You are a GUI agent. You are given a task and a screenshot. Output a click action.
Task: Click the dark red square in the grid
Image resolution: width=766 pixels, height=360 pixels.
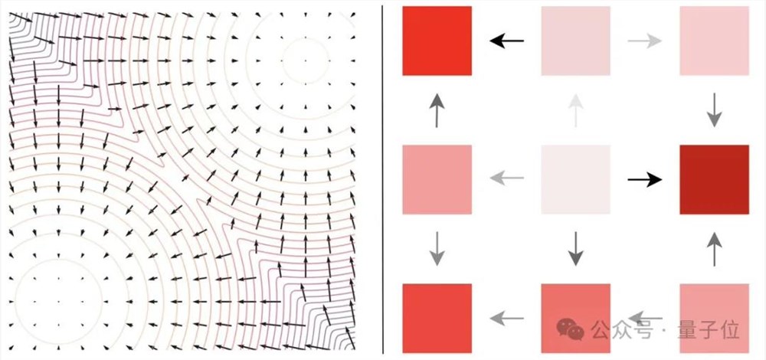(x=714, y=180)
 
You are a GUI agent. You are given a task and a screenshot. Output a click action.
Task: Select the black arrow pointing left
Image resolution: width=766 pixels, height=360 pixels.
(x=506, y=41)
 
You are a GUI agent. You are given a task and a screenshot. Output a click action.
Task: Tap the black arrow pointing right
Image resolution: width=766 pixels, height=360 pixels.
(x=645, y=180)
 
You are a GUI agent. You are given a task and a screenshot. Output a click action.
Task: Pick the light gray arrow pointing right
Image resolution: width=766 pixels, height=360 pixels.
(x=645, y=41)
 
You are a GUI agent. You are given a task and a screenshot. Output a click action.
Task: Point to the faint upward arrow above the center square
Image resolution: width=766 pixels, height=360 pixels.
(x=576, y=110)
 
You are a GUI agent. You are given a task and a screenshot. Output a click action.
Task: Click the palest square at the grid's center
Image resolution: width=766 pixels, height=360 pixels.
(x=575, y=180)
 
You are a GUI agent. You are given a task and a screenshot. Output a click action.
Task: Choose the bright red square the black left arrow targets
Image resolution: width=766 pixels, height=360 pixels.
(x=437, y=41)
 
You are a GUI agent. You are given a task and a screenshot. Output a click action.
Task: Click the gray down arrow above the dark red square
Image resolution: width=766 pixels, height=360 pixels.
(x=714, y=110)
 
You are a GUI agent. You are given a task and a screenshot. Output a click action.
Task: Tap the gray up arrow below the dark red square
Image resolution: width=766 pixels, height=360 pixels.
(x=714, y=249)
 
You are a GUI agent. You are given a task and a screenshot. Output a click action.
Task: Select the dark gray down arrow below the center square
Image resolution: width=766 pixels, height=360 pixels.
(x=576, y=249)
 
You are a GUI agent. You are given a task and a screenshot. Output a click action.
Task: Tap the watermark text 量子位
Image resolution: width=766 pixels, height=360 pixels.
(x=709, y=330)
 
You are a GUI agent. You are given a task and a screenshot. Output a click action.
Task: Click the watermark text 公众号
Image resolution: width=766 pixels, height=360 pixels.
(x=621, y=330)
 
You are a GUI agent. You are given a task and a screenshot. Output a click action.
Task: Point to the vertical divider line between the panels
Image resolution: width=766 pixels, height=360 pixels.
(x=383, y=180)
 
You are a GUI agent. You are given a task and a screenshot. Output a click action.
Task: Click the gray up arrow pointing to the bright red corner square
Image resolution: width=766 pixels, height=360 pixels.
(x=437, y=110)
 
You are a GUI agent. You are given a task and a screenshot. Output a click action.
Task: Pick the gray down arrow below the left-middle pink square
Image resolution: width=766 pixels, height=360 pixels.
(x=437, y=249)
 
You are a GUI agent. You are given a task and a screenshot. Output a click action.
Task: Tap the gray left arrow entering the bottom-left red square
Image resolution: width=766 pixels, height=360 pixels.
(x=506, y=319)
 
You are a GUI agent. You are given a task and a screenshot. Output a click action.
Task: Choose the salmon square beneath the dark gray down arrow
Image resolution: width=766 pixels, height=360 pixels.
(x=575, y=319)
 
